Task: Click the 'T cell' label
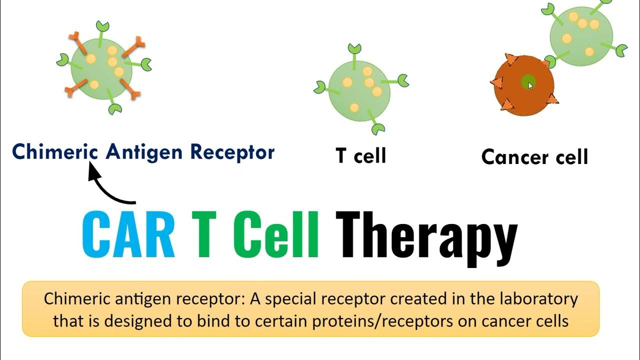(361, 155)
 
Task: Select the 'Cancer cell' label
(534, 157)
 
